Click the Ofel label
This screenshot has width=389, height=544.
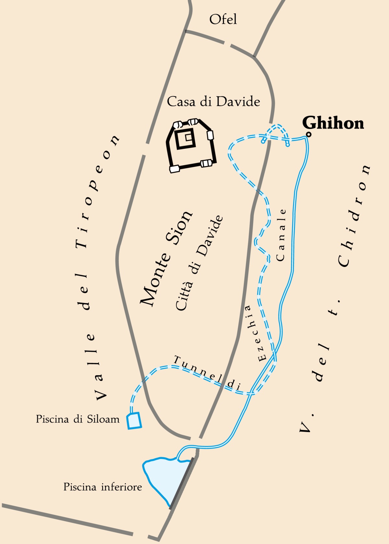click(223, 19)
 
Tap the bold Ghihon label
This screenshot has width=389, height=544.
click(333, 123)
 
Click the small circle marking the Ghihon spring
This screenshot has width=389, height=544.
click(309, 134)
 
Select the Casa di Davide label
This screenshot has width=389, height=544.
click(213, 102)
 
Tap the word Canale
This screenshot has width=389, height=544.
click(281, 235)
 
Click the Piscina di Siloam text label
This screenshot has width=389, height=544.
click(77, 419)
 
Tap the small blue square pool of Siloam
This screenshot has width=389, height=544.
click(134, 421)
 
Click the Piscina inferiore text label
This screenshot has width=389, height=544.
click(102, 487)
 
